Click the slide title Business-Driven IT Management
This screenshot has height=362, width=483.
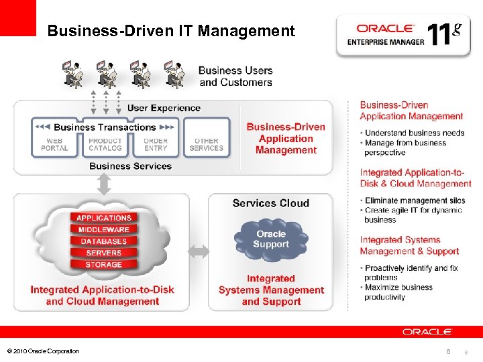point(171,31)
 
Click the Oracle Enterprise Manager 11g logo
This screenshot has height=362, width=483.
point(404,34)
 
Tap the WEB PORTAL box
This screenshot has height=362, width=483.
point(55,144)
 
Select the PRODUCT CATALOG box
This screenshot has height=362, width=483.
point(105,144)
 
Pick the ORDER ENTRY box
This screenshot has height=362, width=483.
point(156,144)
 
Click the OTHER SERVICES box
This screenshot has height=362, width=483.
point(206,144)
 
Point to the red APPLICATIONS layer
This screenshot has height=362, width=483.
point(104,218)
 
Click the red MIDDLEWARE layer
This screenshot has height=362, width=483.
point(104,230)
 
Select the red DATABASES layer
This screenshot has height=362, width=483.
point(104,241)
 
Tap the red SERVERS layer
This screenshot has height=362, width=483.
point(104,253)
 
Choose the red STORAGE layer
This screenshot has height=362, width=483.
point(104,265)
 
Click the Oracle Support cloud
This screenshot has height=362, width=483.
point(271,239)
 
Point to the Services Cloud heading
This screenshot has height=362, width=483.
point(271,203)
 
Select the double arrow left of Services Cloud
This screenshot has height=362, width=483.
point(199,252)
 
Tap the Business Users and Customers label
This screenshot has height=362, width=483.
point(235,76)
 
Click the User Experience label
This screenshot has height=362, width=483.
point(164,108)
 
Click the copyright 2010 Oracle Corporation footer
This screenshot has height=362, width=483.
point(42,351)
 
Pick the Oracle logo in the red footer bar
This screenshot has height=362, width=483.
point(427,332)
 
